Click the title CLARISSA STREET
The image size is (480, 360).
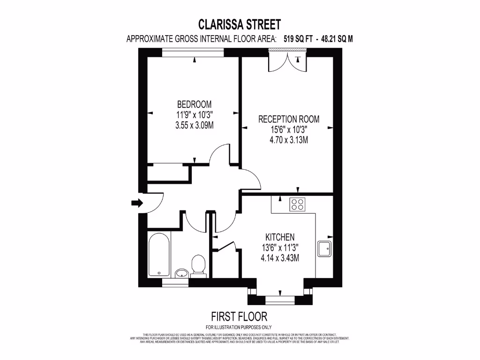[x=240, y=24]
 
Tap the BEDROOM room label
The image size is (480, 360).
[x=194, y=104]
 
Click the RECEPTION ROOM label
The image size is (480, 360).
[x=289, y=119]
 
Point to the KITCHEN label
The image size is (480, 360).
[x=280, y=237]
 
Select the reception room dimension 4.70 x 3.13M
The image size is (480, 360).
[x=289, y=140]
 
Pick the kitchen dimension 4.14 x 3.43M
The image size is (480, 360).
[x=280, y=257]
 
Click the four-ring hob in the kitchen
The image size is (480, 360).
[x=297, y=204]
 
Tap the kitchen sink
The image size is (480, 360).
[x=324, y=248]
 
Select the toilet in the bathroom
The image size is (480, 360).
[x=199, y=265]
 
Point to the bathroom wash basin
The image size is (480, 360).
[x=181, y=273]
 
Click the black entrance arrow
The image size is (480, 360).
[x=137, y=203]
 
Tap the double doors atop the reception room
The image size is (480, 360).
[x=287, y=59]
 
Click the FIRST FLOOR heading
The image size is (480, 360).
[x=239, y=316]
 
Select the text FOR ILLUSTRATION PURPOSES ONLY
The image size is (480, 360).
[x=239, y=327]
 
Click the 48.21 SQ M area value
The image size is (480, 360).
[x=335, y=39]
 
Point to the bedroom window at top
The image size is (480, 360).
[x=194, y=53]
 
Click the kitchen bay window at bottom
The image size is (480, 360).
[x=280, y=297]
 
